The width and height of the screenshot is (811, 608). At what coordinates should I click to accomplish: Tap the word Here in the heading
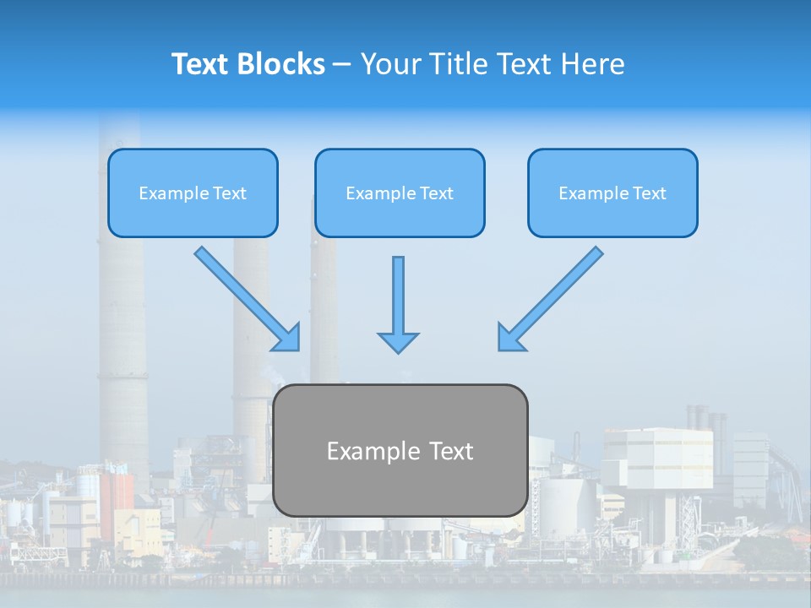click(x=593, y=64)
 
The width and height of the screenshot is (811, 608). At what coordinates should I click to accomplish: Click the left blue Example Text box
click(x=193, y=193)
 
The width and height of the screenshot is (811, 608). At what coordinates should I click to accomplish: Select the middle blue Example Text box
click(x=400, y=193)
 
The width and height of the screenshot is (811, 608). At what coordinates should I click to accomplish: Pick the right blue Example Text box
click(x=612, y=193)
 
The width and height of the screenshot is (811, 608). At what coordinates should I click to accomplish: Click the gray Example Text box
click(x=400, y=451)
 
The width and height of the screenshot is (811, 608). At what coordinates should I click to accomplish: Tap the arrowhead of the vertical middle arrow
click(x=398, y=341)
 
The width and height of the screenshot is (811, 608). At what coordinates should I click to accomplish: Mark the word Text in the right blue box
click(x=648, y=193)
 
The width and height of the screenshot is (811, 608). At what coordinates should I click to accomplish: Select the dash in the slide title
click(x=342, y=64)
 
